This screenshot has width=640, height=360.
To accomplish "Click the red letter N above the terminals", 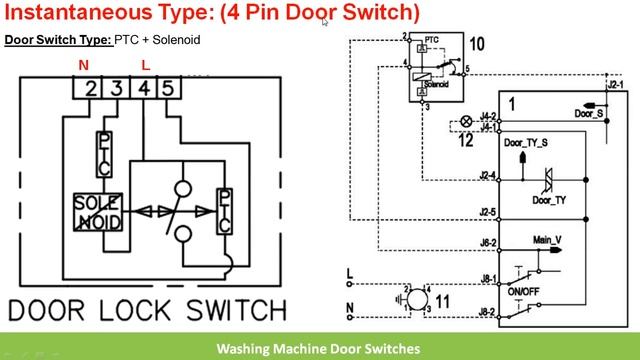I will (x=84, y=65).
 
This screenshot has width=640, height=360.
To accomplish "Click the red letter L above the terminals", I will (x=146, y=65).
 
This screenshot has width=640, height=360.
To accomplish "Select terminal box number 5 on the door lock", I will (x=166, y=89).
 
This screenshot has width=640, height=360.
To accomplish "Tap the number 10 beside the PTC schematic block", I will (x=477, y=44).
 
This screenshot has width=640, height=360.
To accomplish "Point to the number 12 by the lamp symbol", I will (x=465, y=141).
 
